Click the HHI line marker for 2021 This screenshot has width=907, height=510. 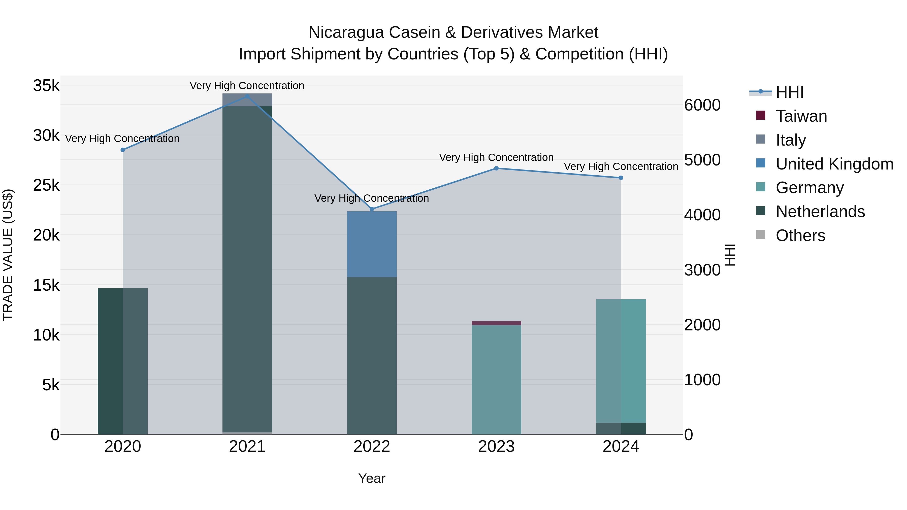247,96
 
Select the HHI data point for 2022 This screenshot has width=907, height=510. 372,209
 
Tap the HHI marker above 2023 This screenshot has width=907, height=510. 496,168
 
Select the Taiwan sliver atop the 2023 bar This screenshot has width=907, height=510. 496,323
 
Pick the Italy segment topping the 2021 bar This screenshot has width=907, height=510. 247,99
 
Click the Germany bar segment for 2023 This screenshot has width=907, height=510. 496,380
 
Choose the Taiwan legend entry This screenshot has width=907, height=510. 801,116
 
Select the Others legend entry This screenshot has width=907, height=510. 800,235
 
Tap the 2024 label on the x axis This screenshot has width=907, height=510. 621,447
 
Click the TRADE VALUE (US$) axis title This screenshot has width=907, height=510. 8,255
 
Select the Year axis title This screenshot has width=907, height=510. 372,478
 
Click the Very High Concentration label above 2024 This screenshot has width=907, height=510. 621,166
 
